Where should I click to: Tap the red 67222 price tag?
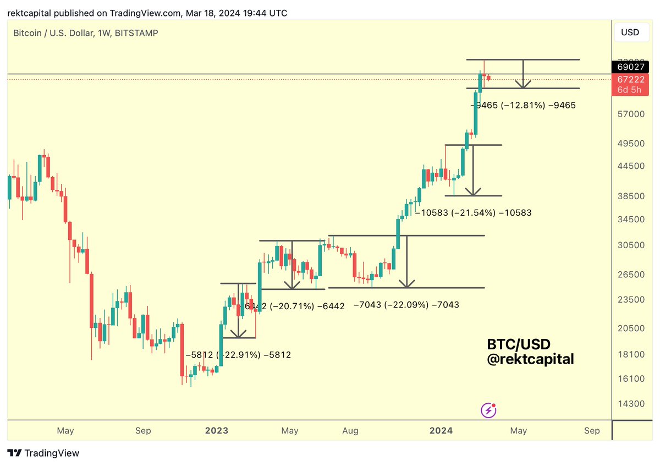click(628, 80)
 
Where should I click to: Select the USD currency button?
click(630, 32)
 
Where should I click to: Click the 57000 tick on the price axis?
click(629, 114)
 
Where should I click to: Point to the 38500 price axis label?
click(629, 196)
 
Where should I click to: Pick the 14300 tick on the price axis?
click(629, 403)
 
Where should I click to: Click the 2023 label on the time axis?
click(217, 430)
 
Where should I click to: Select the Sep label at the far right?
click(592, 430)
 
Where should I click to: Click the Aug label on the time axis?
click(350, 430)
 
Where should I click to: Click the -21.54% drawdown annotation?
click(474, 212)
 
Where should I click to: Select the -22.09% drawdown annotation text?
click(406, 304)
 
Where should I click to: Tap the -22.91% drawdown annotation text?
click(238, 355)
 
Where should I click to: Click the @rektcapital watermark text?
click(530, 359)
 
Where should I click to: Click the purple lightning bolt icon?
click(488, 409)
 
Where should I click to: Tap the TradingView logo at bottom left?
click(44, 453)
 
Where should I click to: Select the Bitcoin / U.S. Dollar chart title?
click(85, 33)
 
